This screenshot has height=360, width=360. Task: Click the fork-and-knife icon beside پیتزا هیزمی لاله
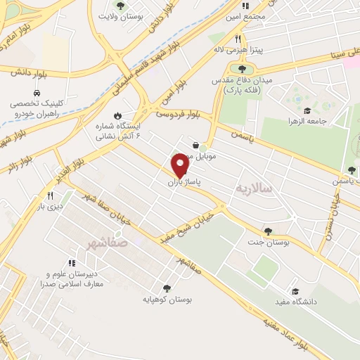tap(238, 39)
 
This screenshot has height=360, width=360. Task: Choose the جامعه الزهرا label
tap(307, 121)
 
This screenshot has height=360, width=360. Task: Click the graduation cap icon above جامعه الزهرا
tap(307, 110)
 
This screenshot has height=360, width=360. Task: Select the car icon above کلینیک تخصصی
tap(35, 93)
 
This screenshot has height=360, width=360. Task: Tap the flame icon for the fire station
tap(118, 117)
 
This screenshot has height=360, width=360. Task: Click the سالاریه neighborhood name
tap(252, 188)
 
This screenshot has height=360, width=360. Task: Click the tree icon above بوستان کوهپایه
tap(167, 288)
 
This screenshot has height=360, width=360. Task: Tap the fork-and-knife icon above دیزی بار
tap(50, 195)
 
